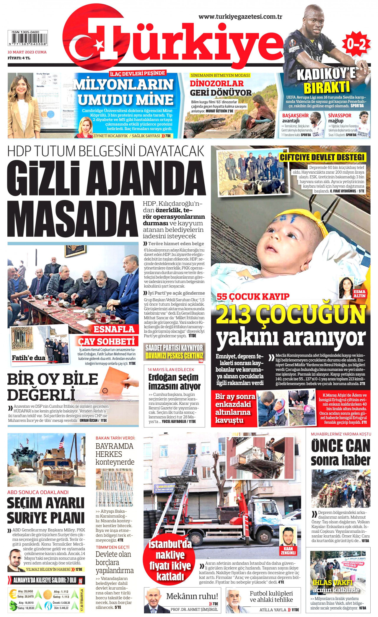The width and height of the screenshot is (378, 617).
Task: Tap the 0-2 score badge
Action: [x=356, y=44]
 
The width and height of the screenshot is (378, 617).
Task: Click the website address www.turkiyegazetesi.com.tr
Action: [x=240, y=17]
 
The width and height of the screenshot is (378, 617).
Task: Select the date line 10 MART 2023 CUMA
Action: [x=27, y=52]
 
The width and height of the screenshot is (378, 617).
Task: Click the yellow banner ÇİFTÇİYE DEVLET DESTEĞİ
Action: [x=322, y=157]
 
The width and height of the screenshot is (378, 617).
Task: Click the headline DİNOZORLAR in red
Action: [x=216, y=84]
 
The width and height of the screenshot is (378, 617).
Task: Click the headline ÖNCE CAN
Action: [x=340, y=446]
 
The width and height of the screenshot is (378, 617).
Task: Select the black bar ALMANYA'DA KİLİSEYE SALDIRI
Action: [x=45, y=580]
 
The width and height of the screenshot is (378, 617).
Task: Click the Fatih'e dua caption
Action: [x=29, y=358]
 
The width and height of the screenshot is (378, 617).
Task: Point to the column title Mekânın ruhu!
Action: [x=192, y=596]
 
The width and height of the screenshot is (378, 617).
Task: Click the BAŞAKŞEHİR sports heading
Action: [x=295, y=116]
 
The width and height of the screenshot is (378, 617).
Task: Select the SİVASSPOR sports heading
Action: [x=340, y=116]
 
